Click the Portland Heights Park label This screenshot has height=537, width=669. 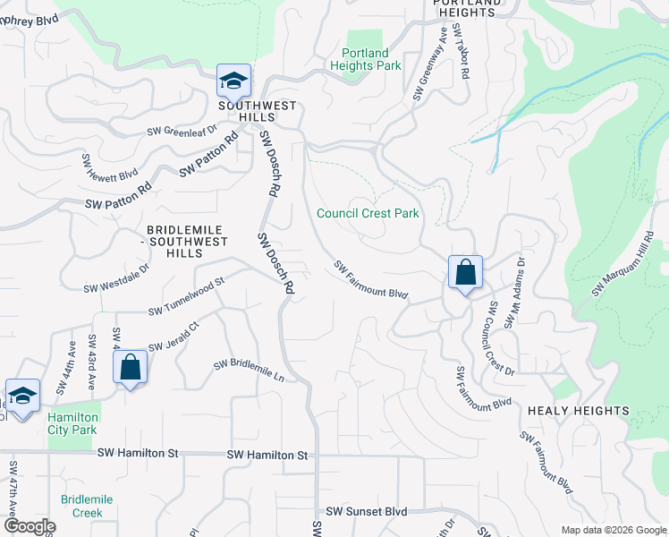pyautogui.click(x=365, y=60)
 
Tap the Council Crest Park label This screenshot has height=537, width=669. pyautogui.click(x=368, y=213)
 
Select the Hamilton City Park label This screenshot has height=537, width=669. pyautogui.click(x=72, y=423)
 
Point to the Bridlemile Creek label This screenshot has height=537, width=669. pyautogui.click(x=81, y=507)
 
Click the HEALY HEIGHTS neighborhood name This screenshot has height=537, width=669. pyautogui.click(x=578, y=411)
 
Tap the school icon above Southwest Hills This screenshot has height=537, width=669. pyautogui.click(x=233, y=81)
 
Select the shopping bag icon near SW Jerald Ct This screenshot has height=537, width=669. pyautogui.click(x=131, y=366)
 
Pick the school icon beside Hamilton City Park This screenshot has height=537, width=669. pyautogui.click(x=22, y=396)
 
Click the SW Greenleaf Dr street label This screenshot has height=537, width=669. pyautogui.click(x=182, y=131)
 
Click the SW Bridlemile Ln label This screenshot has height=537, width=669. pyautogui.click(x=248, y=371)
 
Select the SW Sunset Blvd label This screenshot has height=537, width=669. pyautogui.click(x=366, y=512)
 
